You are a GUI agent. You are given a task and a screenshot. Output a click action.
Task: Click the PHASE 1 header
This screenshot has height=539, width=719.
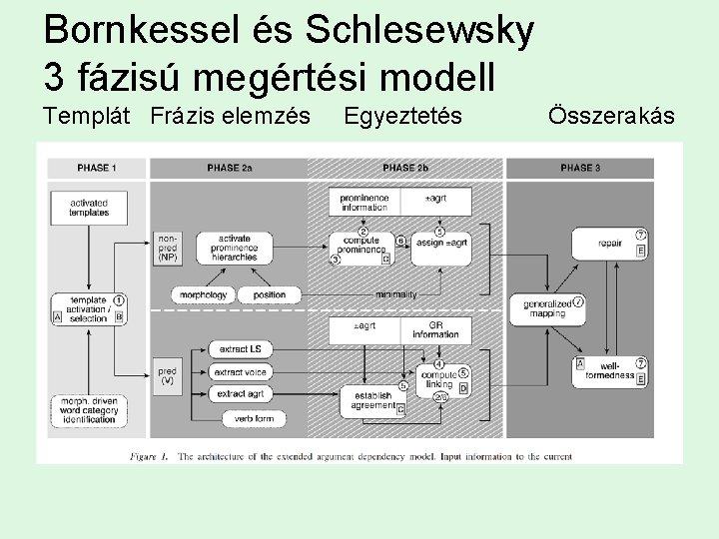click(96, 168)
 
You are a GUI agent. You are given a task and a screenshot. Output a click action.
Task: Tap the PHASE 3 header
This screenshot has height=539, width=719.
click(579, 168)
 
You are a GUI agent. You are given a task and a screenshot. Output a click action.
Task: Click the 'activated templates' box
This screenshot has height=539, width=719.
click(89, 207)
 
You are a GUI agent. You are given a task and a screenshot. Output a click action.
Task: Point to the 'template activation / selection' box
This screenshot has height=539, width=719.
click(89, 308)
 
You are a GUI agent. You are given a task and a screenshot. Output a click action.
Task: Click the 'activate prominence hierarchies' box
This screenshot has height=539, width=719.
click(234, 249)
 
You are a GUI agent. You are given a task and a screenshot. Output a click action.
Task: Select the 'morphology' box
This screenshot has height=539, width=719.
click(206, 294)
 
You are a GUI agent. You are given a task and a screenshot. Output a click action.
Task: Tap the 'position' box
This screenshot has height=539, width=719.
click(270, 294)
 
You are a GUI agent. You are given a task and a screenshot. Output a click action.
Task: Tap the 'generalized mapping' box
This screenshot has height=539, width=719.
click(548, 308)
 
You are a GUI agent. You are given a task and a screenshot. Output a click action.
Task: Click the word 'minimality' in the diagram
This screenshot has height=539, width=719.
click(395, 294)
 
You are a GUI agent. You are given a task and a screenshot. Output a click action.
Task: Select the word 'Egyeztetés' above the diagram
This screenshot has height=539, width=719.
click(402, 117)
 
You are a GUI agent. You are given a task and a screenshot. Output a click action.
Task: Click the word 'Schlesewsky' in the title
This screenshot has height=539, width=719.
click(418, 33)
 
